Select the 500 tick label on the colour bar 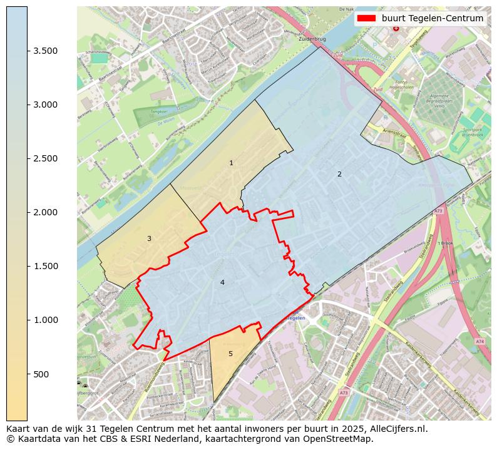pos(41,374)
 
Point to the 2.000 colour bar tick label pos(46,212)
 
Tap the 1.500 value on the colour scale pos(46,266)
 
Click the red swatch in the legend pos(367,18)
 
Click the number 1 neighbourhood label pos(231,163)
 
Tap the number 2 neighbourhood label pos(339,174)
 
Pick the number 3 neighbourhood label pos(149,238)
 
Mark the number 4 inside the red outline pos(222,282)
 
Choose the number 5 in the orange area pos(230,354)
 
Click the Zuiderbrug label pos(313,39)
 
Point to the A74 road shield pos(479,341)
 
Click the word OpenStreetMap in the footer pos(341,439)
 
